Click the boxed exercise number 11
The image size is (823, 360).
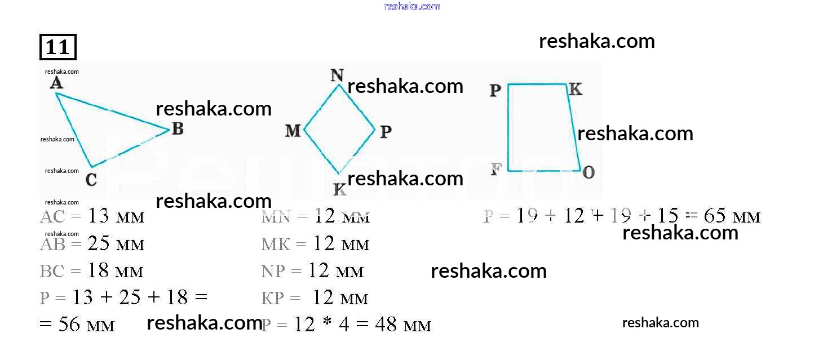57,47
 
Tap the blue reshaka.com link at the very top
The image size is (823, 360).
411,6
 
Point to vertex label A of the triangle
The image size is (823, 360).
56,83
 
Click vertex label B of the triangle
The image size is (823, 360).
178,129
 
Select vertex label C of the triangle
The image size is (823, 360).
91,180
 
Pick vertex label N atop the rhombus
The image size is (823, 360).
337,75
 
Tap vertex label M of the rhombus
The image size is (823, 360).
293,131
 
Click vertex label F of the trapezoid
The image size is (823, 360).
496,170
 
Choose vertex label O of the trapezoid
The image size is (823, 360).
588,172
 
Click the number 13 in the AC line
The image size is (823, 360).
98,216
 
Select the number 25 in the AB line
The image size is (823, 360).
98,244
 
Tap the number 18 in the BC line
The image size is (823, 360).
98,271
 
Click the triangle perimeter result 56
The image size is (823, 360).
69,325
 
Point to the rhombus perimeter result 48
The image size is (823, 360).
386,325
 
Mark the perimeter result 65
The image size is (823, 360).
715,216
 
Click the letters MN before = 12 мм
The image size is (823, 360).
275,216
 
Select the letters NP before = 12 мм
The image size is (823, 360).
273,271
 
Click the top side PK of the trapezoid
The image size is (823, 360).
537,85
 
